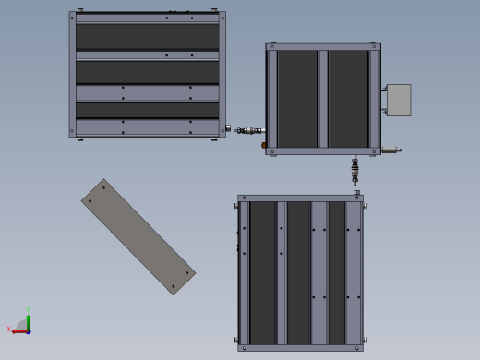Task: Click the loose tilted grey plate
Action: [x=138, y=236]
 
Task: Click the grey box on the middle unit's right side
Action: [x=398, y=100]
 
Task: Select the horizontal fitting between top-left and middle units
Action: [x=246, y=130]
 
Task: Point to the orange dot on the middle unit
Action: [x=264, y=145]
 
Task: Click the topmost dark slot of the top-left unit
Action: [x=148, y=36]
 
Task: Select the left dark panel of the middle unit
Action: [x=297, y=98]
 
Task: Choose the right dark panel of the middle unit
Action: [x=348, y=98]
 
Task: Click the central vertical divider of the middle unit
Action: [x=323, y=98]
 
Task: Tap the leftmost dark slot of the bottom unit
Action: [x=263, y=271]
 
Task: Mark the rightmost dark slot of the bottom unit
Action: [x=337, y=271]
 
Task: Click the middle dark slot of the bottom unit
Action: [x=298, y=271]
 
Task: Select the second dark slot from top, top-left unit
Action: [x=148, y=72]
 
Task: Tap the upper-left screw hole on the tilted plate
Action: [x=103, y=187]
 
